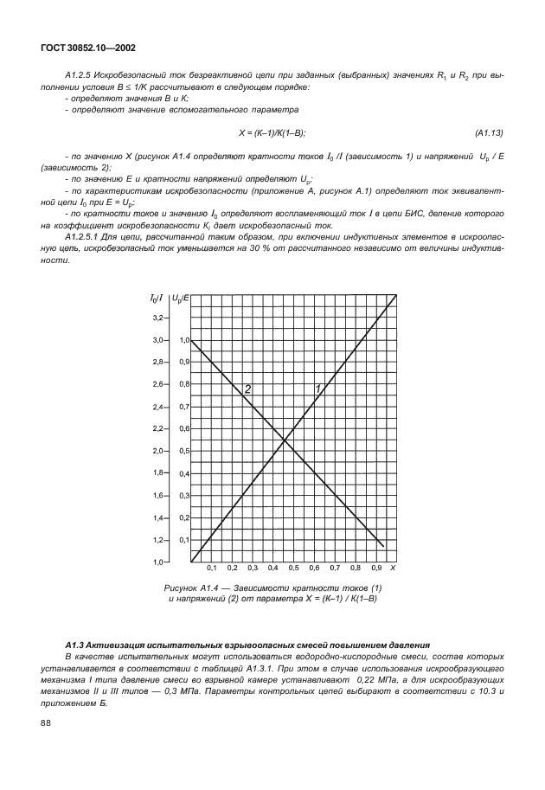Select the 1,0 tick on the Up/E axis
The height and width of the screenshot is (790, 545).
tap(183, 341)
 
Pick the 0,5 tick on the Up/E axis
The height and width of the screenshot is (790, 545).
tap(183, 452)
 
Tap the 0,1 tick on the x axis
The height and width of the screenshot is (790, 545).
tap(211, 568)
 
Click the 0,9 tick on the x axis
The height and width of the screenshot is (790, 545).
tap(376, 568)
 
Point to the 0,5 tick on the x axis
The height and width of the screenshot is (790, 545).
tap(293, 568)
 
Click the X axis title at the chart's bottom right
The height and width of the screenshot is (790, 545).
tap(393, 568)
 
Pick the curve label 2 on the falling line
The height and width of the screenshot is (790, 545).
tap(247, 389)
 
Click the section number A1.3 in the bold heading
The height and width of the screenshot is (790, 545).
tap(76, 646)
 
